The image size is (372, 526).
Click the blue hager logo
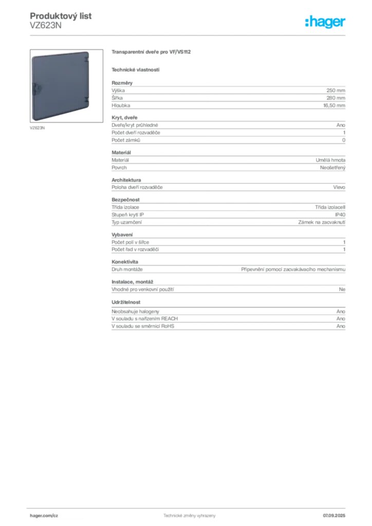point(326,23)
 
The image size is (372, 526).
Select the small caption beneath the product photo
point(35,127)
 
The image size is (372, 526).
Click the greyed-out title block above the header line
point(61,20)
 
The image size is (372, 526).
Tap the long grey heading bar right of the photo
point(152,51)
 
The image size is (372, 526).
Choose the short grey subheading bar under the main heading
point(136,69)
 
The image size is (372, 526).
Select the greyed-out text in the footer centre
point(189,514)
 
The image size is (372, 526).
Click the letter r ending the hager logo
point(345,23)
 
